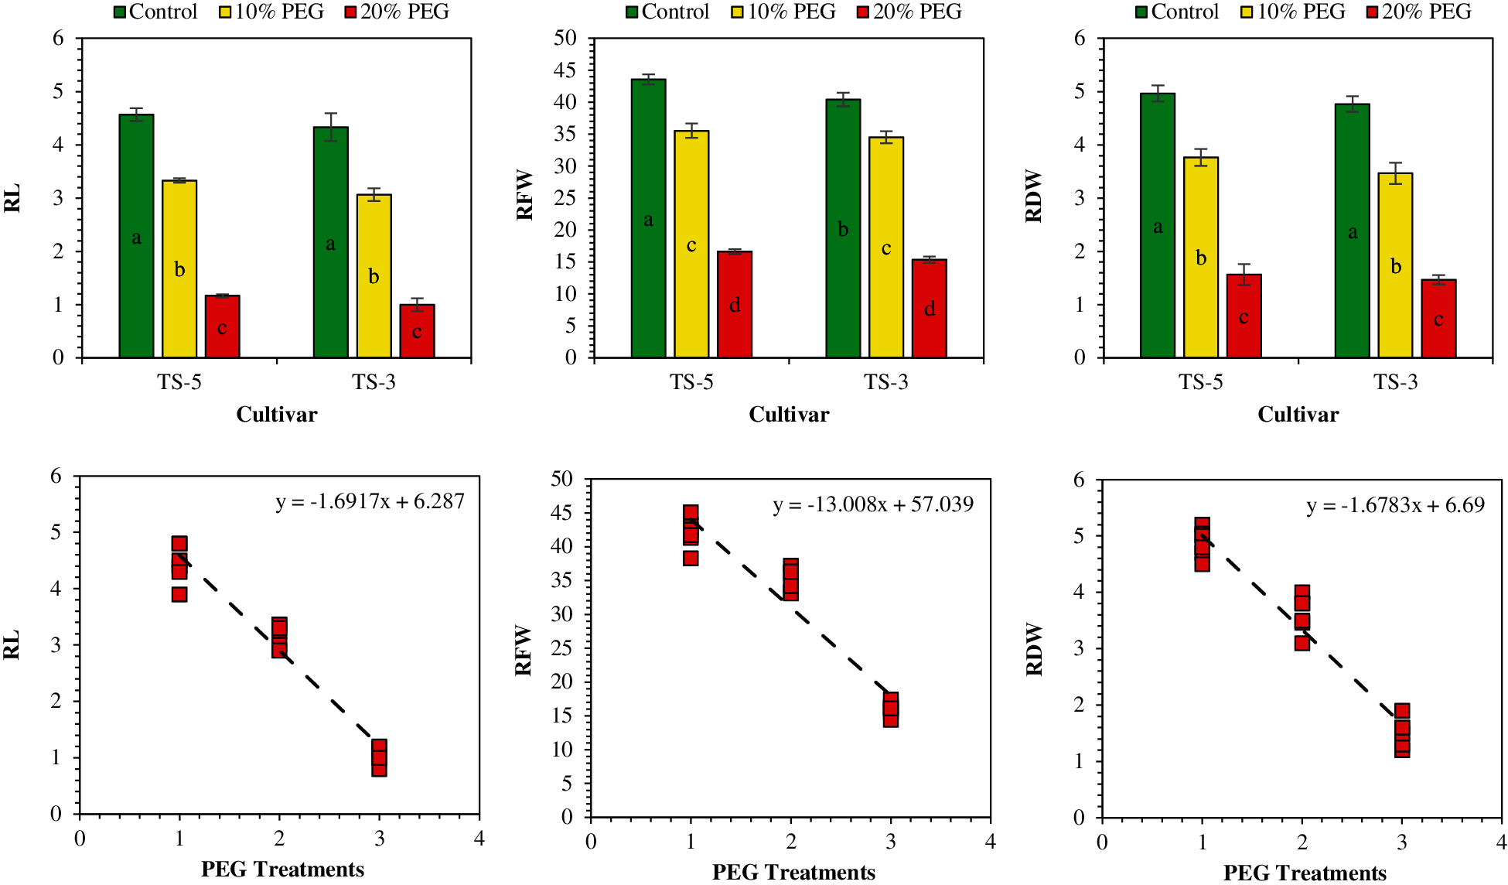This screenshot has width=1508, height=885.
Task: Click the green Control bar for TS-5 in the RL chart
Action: pyautogui.click(x=136, y=236)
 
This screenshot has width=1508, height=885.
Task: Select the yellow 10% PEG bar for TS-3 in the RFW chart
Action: pyautogui.click(x=886, y=248)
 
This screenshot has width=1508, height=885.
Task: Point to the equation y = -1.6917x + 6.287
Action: pyautogui.click(x=370, y=501)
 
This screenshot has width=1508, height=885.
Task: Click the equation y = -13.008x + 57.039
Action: pyautogui.click(x=873, y=504)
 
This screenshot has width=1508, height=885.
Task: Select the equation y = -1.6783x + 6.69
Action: pyautogui.click(x=1395, y=505)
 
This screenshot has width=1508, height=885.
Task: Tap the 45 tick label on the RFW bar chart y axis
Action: pyautogui.click(x=566, y=70)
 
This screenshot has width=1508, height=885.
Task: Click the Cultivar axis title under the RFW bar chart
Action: pyautogui.click(x=789, y=415)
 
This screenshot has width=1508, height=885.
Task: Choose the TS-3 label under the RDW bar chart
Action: pyautogui.click(x=1395, y=382)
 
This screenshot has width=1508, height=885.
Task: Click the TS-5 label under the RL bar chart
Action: pyautogui.click(x=179, y=382)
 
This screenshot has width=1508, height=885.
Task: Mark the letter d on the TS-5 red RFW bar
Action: pyautogui.click(x=735, y=306)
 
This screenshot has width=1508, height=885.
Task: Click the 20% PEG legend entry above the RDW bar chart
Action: pyautogui.click(x=1419, y=12)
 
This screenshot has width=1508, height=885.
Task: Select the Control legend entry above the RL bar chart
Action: pyautogui.click(x=155, y=12)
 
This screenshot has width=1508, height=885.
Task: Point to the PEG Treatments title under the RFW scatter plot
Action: pyautogui.click(x=793, y=873)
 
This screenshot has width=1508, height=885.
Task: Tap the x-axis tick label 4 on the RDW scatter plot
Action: pyautogui.click(x=1501, y=841)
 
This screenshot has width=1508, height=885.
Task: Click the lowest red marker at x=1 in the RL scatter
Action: pyautogui.click(x=179, y=594)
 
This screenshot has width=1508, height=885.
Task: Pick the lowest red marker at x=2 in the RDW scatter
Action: pyautogui.click(x=1302, y=642)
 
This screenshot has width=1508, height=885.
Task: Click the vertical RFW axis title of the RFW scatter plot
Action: pyautogui.click(x=524, y=650)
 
